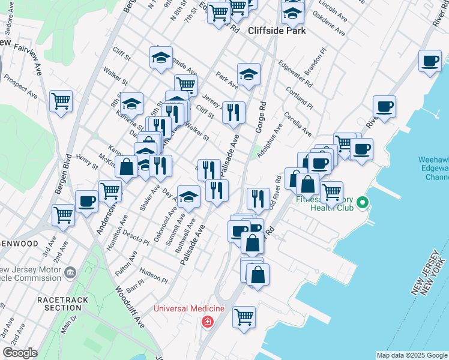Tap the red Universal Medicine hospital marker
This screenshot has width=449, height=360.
(x=208, y=322)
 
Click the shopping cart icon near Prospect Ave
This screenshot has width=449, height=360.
(x=61, y=101)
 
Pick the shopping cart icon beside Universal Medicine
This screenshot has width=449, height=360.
(x=244, y=316)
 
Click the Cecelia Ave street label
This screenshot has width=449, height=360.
(x=298, y=124)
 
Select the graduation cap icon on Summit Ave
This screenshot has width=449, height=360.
(x=188, y=197)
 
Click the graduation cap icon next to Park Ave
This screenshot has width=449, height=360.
(x=249, y=75)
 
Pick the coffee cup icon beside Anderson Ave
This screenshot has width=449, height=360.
(x=86, y=201)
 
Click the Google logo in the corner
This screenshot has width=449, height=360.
(x=20, y=353)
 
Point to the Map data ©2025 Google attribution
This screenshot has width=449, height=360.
(x=411, y=355)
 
